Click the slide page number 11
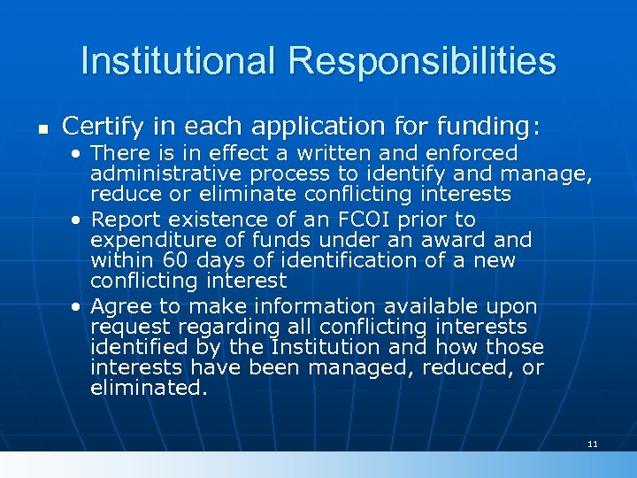592,443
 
